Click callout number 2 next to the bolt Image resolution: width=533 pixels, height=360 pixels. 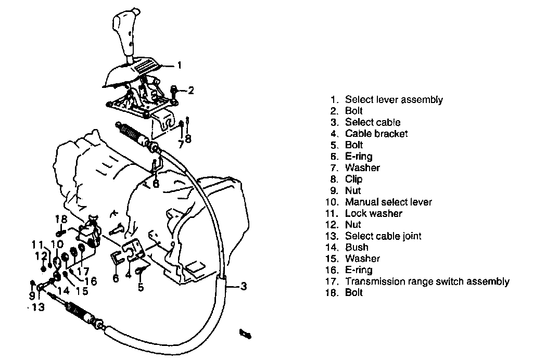point(191,91)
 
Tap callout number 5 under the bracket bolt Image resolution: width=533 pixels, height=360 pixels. point(141,286)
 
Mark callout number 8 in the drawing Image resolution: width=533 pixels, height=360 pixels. point(188,138)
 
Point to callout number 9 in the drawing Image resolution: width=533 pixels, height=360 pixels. point(32,295)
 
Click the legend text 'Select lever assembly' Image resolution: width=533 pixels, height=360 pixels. point(394,99)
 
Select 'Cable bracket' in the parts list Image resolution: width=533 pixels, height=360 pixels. point(376,134)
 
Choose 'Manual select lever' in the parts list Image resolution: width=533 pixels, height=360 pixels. point(388,202)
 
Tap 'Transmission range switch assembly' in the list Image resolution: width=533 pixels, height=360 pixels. point(427,281)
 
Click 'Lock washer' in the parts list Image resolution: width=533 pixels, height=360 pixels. point(373,213)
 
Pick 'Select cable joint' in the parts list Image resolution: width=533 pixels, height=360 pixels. point(383,236)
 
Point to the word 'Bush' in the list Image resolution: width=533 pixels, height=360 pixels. point(356,247)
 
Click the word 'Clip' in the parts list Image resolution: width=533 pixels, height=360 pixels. point(353,179)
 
